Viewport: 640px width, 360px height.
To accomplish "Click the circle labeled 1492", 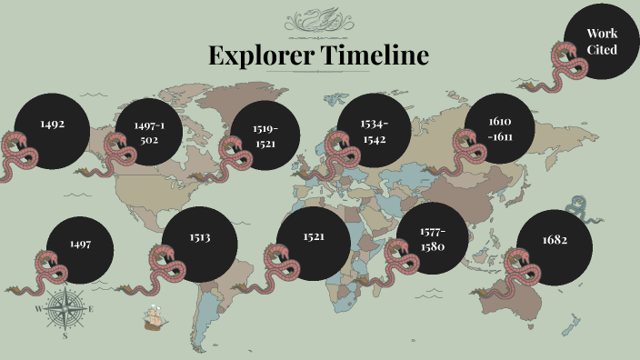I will pos(52,125).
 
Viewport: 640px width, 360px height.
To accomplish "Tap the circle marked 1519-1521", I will pos(265,135).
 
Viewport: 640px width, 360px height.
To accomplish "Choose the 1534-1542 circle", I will pos(374,129).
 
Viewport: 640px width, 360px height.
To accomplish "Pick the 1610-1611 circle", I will pos(500,128).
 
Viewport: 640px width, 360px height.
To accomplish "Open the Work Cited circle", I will pos(601,42).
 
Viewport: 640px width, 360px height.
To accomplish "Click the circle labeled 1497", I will pos(80,245).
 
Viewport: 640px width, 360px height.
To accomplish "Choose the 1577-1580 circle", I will pos(432,238).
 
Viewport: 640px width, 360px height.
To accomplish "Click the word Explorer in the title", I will pos(260,55).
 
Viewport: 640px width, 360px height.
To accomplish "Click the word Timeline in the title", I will pos(374,55).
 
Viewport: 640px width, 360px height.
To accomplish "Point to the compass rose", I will pos(65,310).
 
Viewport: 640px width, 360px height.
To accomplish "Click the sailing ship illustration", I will pos(155,316).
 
